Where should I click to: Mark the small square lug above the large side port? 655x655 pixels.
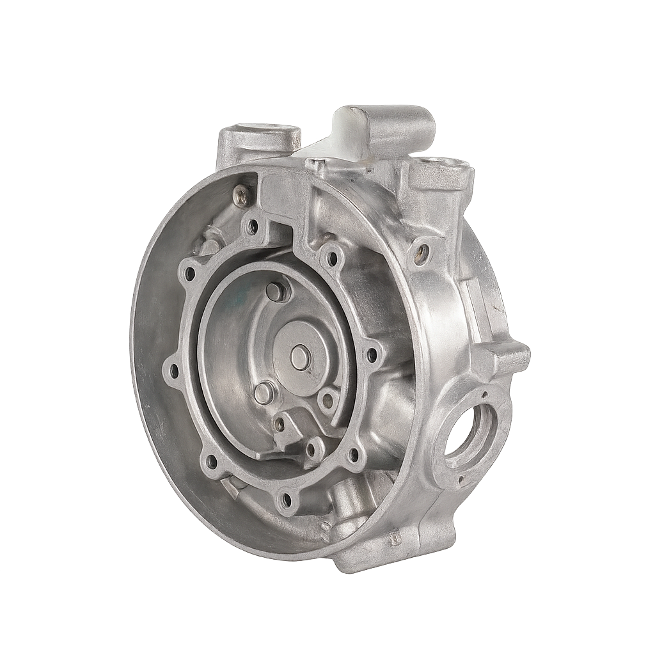(505, 357)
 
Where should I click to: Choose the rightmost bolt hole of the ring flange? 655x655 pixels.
(372, 353)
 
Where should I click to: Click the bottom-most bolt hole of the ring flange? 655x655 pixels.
(286, 498)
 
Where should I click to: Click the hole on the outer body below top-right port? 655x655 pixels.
(422, 254)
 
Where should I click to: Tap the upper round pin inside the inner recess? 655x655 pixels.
(276, 291)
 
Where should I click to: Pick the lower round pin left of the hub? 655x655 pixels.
(263, 393)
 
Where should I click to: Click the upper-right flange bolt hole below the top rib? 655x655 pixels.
(332, 258)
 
